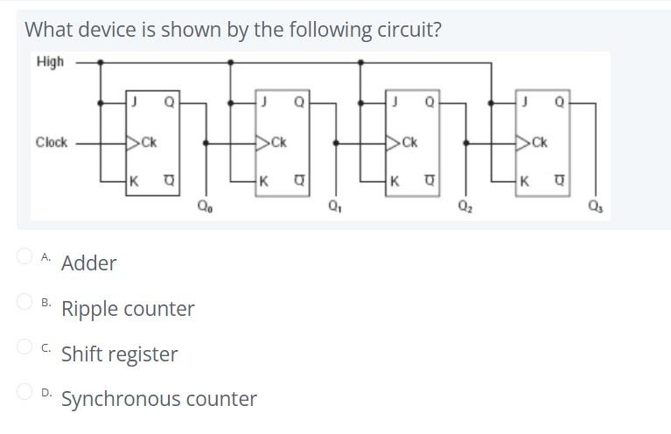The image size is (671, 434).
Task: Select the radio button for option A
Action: coord(25,256)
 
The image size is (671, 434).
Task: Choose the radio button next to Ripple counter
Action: coord(25,302)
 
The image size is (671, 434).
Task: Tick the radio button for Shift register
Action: coord(25,346)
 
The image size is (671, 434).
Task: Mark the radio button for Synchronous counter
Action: coord(25,392)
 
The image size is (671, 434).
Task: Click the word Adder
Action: coord(88,263)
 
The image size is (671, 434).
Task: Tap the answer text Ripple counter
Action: coord(128,309)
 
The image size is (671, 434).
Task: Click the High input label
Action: coord(50,61)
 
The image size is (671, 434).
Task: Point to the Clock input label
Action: coord(52,142)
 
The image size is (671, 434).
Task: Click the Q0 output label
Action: coord(204,207)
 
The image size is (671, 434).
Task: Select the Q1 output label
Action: coord(334,207)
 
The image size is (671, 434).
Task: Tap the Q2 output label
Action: coord(465,207)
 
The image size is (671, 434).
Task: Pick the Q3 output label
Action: coord(596,207)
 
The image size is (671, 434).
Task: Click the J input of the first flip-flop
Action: coord(135,102)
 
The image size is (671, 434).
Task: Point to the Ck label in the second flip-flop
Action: coord(277,143)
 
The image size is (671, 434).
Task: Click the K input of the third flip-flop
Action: coord(395,182)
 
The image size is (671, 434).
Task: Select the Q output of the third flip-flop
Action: coord(429,102)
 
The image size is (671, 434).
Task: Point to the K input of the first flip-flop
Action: coord(135,182)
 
